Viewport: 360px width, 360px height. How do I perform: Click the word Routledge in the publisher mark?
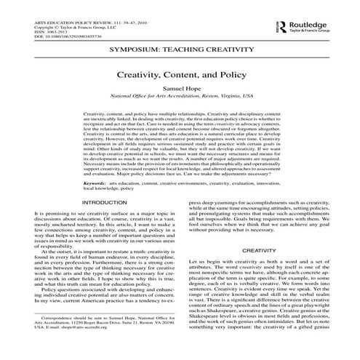pos(310,25)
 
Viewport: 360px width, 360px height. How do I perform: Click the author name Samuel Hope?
pos(180,87)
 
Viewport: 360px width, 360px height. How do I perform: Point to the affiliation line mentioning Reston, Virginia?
pos(180,95)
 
